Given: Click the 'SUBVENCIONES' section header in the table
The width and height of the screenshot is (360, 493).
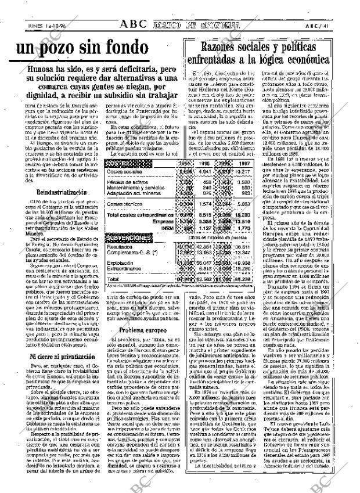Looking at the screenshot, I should [x=126, y=238].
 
